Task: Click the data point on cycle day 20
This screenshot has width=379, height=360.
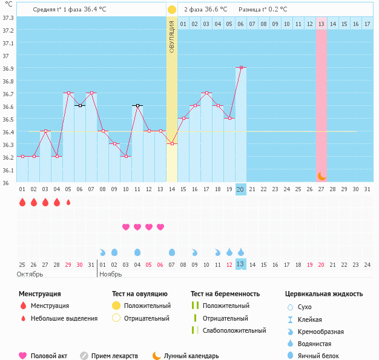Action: click(x=241, y=68)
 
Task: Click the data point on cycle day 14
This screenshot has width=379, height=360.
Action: click(x=172, y=143)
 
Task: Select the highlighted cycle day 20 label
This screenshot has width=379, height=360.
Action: click(x=241, y=189)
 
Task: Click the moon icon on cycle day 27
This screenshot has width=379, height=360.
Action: click(x=321, y=176)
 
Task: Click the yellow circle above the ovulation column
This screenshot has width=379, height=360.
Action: click(x=172, y=10)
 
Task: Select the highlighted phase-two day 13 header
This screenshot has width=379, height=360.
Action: click(x=321, y=24)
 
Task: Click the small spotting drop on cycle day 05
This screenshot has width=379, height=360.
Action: click(x=68, y=202)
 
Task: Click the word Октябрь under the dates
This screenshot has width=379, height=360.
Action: click(x=31, y=274)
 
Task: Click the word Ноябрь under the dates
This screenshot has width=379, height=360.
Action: click(x=111, y=274)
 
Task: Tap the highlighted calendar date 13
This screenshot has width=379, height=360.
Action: click(x=240, y=264)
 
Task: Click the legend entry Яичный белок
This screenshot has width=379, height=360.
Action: click(x=323, y=356)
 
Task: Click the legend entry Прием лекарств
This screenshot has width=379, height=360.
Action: click(x=114, y=356)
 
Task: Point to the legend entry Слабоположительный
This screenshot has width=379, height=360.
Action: click(x=234, y=330)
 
